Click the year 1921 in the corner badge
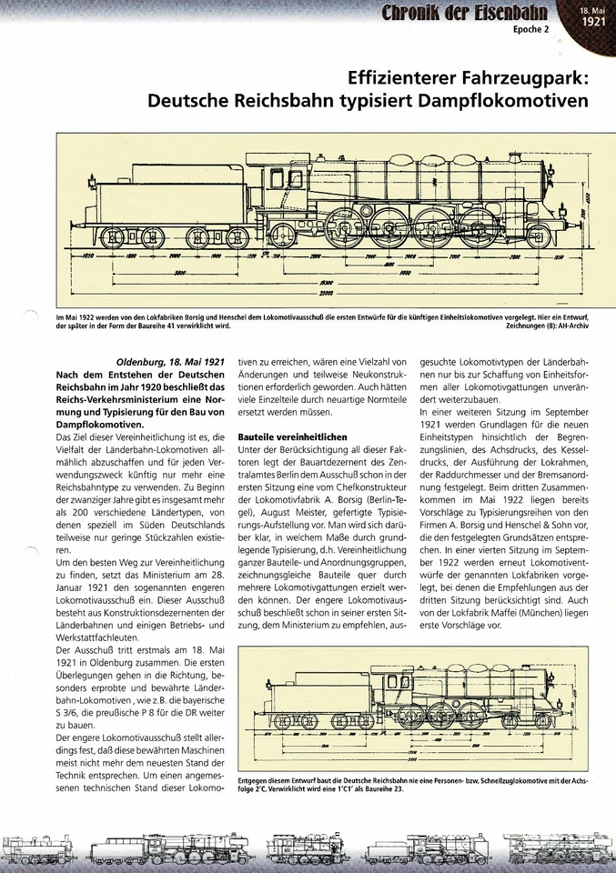coord(594,22)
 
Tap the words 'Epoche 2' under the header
coord(534,30)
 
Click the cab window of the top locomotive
coord(269,178)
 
